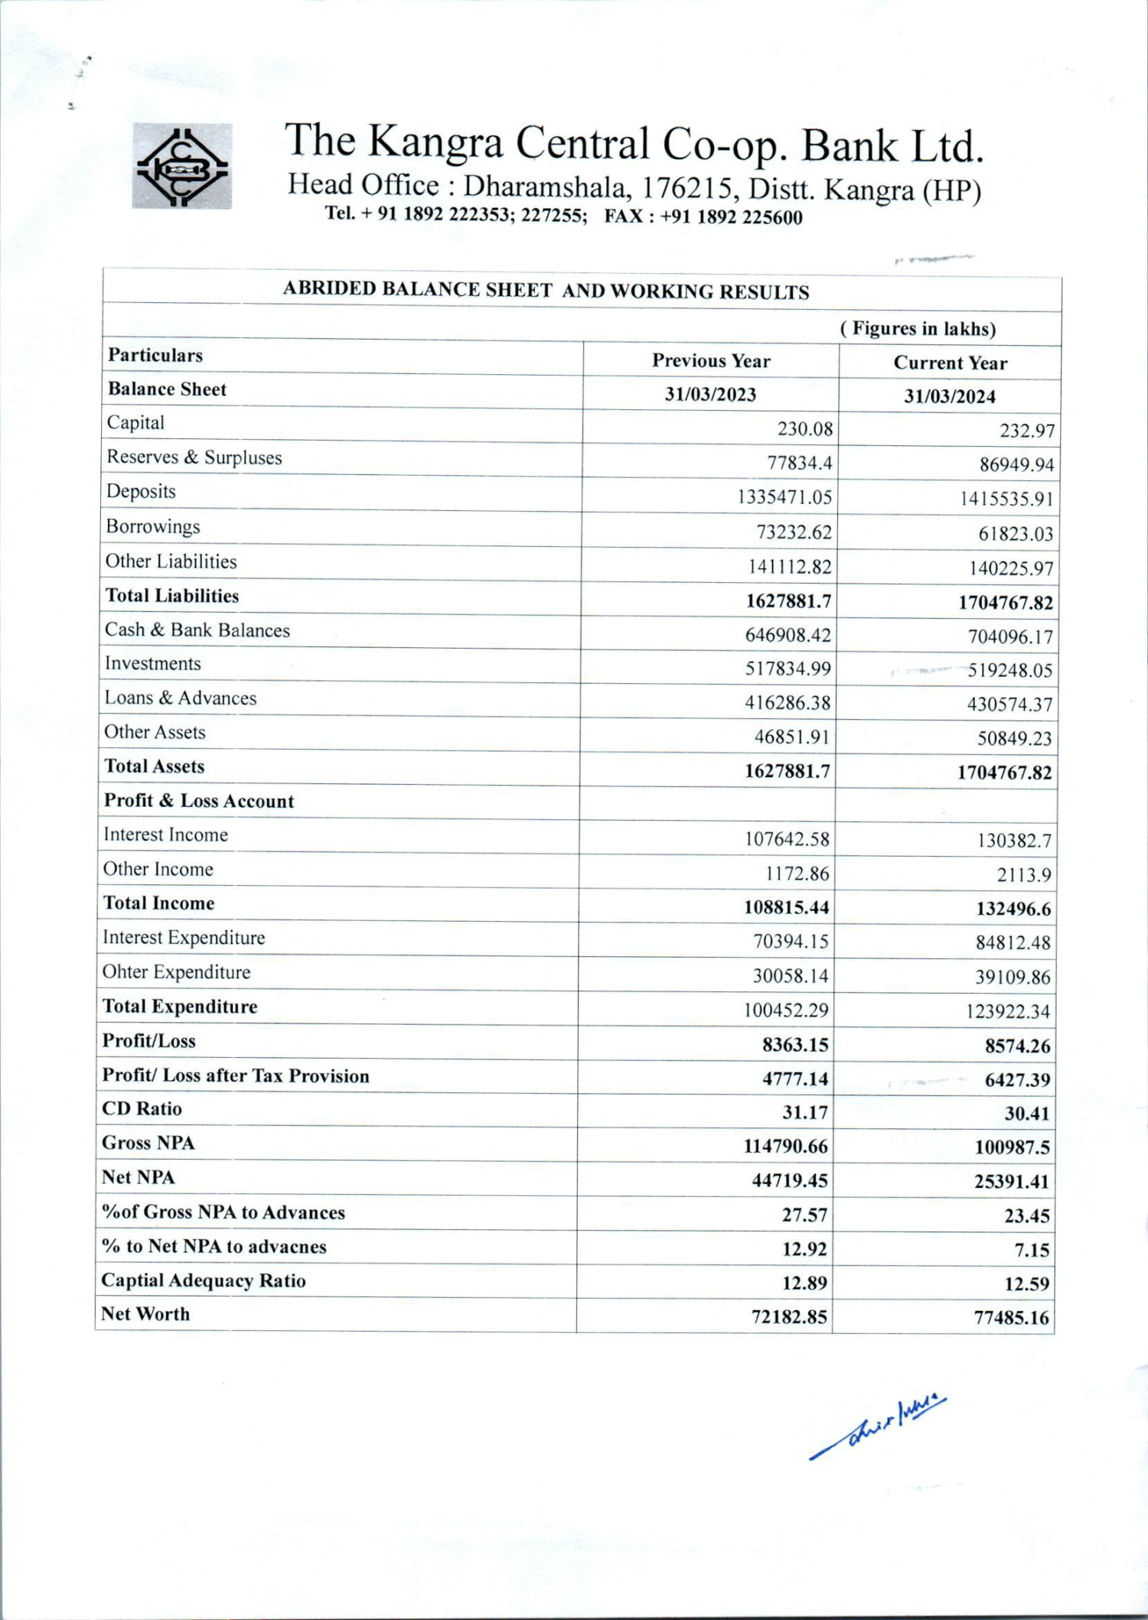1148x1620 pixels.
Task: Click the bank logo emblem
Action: pyautogui.click(x=181, y=165)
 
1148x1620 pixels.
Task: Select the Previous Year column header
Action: pyautogui.click(x=710, y=361)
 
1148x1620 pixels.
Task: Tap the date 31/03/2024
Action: pyautogui.click(x=949, y=396)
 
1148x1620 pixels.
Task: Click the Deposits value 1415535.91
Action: pyautogui.click(x=1006, y=499)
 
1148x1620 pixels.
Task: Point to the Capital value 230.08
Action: pyautogui.click(x=804, y=428)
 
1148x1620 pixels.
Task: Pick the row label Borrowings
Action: pyautogui.click(x=153, y=526)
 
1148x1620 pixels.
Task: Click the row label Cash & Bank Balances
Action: pyautogui.click(x=197, y=630)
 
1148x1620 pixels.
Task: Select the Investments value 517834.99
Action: pyautogui.click(x=788, y=669)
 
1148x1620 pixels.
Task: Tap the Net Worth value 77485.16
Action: pyautogui.click(x=1011, y=1318)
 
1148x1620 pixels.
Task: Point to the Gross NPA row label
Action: pyautogui.click(x=148, y=1143)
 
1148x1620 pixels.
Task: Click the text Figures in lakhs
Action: pyautogui.click(x=918, y=329)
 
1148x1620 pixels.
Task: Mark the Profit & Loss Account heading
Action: pyautogui.click(x=199, y=801)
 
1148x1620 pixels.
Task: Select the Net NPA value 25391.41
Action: pyautogui.click(x=1011, y=1182)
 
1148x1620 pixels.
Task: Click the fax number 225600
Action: pyautogui.click(x=772, y=218)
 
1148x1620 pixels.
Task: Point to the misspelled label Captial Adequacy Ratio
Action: pyautogui.click(x=204, y=1280)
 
